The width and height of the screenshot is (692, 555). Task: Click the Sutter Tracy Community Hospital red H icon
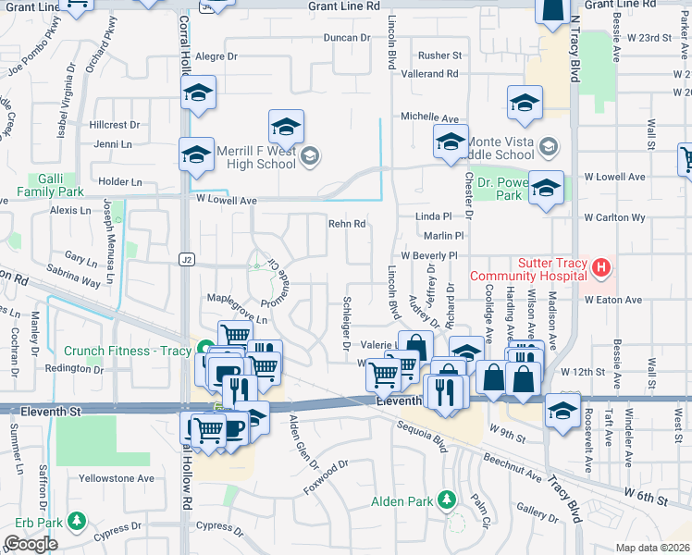[602, 269]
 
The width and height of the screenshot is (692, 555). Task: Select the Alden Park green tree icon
[448, 500]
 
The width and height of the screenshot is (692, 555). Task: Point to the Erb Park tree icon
[72, 523]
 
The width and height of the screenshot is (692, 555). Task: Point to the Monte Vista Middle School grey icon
[550, 147]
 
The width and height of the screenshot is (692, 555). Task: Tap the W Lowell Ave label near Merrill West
[226, 200]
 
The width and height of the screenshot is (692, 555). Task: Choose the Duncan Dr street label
[346, 38]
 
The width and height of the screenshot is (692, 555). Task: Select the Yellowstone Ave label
[117, 478]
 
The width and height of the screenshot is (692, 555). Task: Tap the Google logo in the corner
[31, 543]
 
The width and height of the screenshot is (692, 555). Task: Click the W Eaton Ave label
[612, 300]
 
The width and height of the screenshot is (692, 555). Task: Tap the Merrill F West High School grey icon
[310, 156]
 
